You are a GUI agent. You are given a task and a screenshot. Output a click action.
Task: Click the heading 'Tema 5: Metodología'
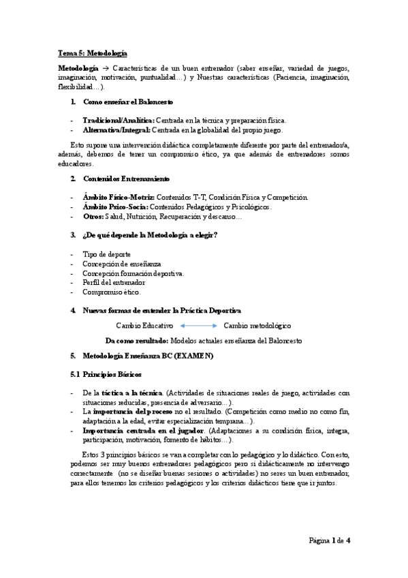(x=93, y=53)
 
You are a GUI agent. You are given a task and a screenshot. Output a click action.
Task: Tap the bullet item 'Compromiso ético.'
(x=111, y=292)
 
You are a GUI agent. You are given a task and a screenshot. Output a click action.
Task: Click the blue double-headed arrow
(x=198, y=326)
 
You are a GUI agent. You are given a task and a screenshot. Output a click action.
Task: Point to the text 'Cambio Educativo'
(x=145, y=326)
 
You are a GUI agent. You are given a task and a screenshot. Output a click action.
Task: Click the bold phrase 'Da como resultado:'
(x=137, y=340)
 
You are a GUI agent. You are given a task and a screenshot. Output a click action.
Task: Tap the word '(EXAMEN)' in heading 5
(x=193, y=356)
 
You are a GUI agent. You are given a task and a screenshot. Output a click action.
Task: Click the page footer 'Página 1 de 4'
(x=329, y=541)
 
